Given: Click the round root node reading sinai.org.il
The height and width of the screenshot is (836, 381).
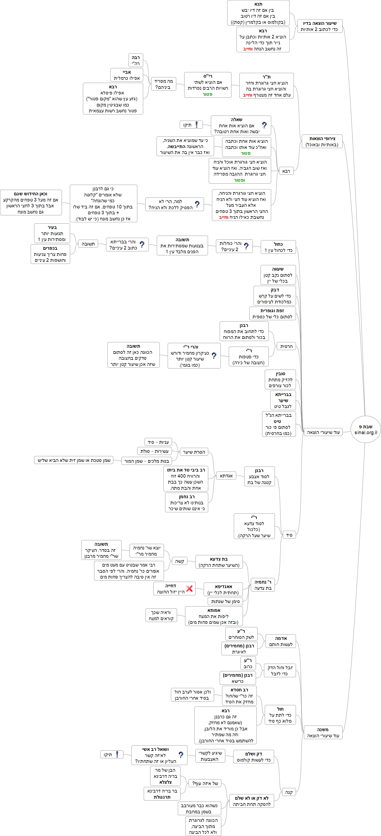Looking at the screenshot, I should tap(366, 429).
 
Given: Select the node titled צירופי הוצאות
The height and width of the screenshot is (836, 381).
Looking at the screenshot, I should tap(322, 141).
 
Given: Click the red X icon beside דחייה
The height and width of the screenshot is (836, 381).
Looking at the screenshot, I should tap(190, 588).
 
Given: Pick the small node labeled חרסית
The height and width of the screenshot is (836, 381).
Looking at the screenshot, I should tap(286, 346).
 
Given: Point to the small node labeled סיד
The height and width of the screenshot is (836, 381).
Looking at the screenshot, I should tap(289, 535).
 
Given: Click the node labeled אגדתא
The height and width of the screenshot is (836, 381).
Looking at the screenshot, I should tap(226, 476).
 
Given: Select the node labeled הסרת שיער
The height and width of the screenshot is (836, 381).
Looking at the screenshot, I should tap(194, 452).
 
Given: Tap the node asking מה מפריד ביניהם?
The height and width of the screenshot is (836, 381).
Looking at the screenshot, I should tap(163, 84).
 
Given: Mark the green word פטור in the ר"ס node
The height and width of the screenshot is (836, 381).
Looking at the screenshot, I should tap(207, 94).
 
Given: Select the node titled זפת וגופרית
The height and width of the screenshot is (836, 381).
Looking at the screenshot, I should tap(272, 314).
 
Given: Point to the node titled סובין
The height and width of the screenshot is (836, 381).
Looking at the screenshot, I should tap(280, 379).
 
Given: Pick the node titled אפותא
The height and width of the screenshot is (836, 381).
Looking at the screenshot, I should tap(213, 616).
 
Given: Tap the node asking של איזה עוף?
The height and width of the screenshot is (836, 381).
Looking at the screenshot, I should tap(205, 783).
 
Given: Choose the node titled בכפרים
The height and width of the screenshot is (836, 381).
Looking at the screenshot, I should tap(50, 254).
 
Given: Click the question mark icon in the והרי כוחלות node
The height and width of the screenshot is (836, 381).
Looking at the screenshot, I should tap(246, 246).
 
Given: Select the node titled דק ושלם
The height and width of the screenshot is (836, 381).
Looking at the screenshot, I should tap(253, 756).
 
